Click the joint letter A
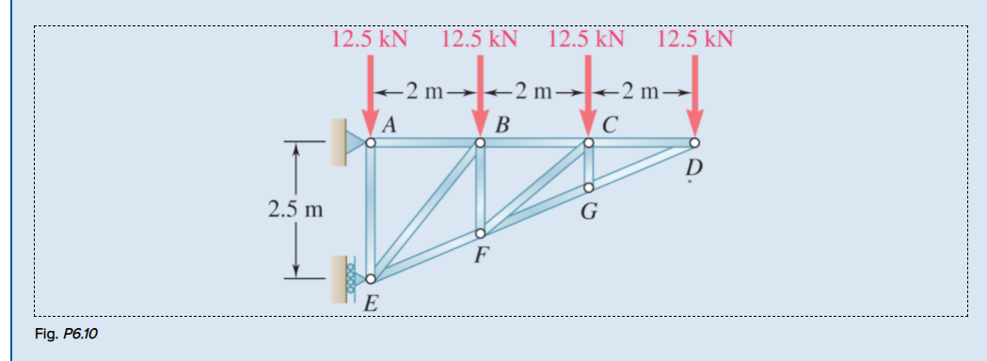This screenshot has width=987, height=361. click(x=388, y=123)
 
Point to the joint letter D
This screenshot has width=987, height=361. click(x=694, y=168)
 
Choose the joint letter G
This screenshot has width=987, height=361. click(x=589, y=212)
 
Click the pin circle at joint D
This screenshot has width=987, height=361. click(x=694, y=143)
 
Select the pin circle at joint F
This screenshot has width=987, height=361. click(x=480, y=233)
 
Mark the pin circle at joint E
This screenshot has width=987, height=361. click(x=371, y=278)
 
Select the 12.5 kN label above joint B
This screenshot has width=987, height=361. click(x=479, y=39)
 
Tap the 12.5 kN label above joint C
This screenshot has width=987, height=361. click(x=586, y=39)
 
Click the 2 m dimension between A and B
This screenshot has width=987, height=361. click(x=425, y=92)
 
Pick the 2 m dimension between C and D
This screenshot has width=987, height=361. click(x=642, y=92)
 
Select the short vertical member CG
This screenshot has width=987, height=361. click(x=588, y=165)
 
